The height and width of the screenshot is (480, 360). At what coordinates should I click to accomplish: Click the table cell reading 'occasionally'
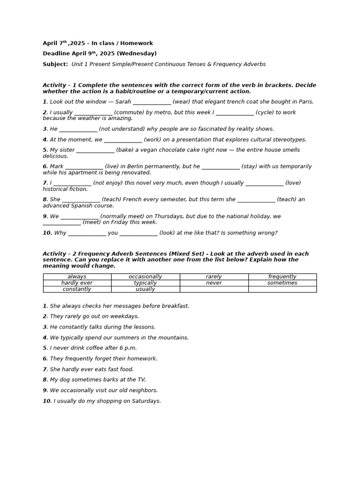pyautogui.click(x=145, y=277)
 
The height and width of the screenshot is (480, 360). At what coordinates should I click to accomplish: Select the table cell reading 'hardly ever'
pyautogui.click(x=77, y=283)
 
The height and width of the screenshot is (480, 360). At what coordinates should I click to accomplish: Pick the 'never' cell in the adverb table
pyautogui.click(x=214, y=283)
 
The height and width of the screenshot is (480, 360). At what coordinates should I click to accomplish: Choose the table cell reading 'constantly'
pyautogui.click(x=77, y=289)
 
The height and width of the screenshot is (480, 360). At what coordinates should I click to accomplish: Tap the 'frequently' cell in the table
pyautogui.click(x=282, y=277)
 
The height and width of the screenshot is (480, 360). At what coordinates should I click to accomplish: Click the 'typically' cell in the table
pyautogui.click(x=145, y=283)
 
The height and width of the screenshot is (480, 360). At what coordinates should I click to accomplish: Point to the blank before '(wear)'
pyautogui.click(x=152, y=102)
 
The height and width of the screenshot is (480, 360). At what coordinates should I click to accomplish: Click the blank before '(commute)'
pyautogui.click(x=93, y=113)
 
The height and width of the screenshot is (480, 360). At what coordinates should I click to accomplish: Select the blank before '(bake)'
pyautogui.click(x=95, y=150)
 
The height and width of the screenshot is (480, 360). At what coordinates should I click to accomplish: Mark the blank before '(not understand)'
pyautogui.click(x=78, y=129)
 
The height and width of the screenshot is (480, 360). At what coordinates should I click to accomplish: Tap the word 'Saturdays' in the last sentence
pyautogui.click(x=146, y=401)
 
